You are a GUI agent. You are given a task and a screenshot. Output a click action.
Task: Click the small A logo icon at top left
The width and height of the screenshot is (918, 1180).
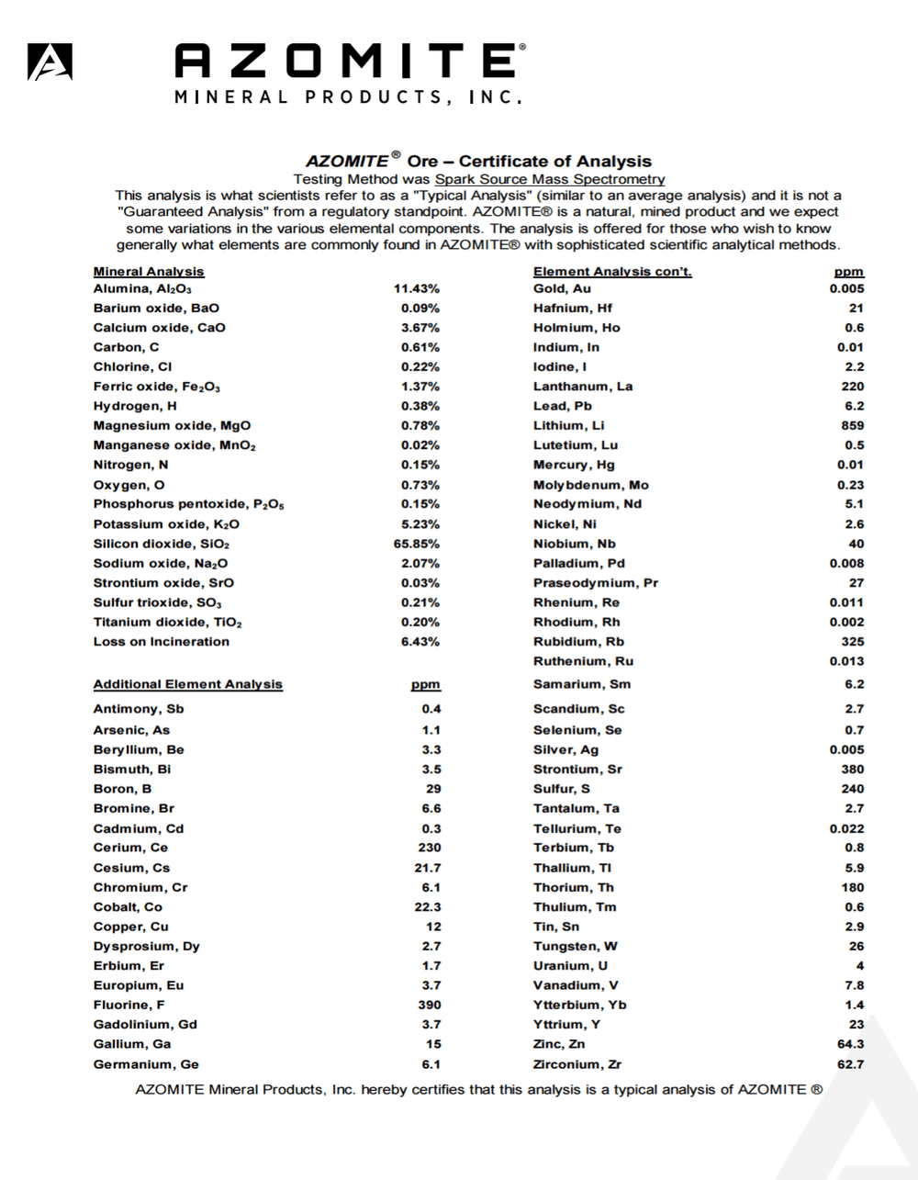point(50,62)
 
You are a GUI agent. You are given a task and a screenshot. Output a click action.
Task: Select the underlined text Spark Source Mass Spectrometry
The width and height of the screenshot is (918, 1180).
point(549,179)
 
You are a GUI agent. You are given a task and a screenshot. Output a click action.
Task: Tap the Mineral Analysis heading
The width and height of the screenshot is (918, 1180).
point(149,272)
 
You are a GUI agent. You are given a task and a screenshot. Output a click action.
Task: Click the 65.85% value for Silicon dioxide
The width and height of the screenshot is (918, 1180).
point(417,544)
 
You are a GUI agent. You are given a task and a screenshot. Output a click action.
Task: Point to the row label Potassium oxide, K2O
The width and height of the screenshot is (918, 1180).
point(166,524)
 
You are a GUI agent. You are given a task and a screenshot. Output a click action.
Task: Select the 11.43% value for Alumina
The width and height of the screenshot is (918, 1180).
point(417,288)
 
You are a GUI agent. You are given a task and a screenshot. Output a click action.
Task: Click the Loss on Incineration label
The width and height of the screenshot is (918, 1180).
point(162,642)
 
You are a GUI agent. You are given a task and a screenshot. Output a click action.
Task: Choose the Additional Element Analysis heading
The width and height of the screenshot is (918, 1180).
point(188,684)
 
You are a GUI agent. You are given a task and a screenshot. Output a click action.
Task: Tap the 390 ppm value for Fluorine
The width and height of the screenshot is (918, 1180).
point(430,1005)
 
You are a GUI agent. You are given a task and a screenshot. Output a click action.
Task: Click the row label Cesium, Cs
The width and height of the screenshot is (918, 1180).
point(131,868)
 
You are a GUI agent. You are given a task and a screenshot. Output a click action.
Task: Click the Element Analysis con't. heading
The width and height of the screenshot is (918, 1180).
point(612,272)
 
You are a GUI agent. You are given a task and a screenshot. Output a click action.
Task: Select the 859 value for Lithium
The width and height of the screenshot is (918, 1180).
point(852,425)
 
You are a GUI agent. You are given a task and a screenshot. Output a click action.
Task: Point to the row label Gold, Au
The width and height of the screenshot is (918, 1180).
point(562,288)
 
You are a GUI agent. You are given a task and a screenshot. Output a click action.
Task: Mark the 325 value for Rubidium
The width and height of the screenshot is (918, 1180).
point(852,641)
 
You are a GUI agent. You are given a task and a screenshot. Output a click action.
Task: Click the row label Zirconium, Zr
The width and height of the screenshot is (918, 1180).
point(577,1064)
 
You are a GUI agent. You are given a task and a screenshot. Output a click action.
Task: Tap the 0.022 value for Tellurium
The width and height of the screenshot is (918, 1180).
point(845,828)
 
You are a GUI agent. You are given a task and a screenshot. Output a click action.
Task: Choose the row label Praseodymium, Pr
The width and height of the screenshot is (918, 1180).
point(596,583)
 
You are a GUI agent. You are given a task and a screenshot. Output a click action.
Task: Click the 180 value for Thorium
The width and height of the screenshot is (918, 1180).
point(852,887)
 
